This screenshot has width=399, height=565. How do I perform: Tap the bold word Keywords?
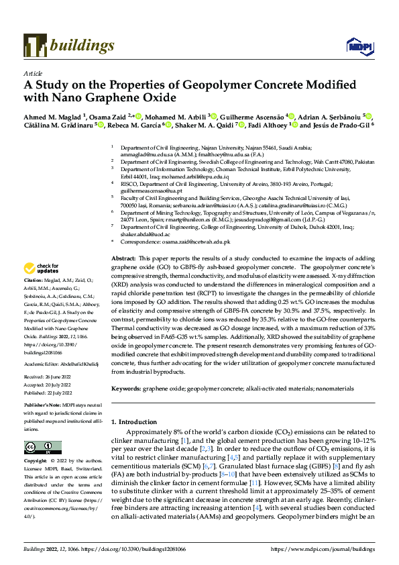(125, 389)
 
